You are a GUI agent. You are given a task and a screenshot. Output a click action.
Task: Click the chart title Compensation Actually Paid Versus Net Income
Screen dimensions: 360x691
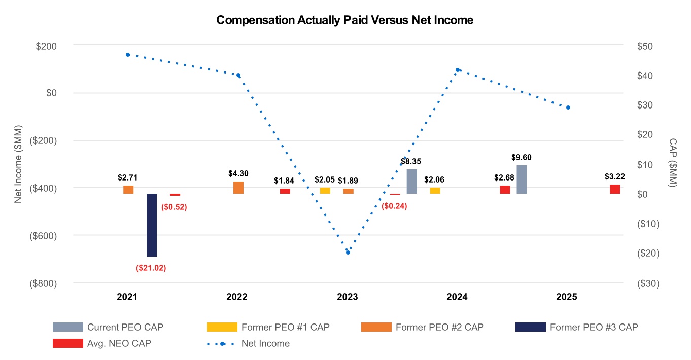coord(344,20)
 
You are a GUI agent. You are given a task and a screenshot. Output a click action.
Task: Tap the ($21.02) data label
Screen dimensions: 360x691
coord(151,268)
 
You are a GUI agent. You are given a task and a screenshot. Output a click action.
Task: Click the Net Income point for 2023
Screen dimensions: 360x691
coord(348,252)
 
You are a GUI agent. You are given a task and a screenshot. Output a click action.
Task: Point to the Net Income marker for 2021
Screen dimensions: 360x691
coord(128,55)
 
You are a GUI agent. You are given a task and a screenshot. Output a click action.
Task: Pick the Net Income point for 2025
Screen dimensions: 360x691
coord(568,107)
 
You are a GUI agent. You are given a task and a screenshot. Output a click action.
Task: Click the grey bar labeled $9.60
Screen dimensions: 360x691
coord(522,179)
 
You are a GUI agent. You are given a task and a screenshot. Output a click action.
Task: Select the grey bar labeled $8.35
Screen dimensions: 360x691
coord(411,182)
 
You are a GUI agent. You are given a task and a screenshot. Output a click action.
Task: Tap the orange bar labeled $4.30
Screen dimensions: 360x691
coord(238,187)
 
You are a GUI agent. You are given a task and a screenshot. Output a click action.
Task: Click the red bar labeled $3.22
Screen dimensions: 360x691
coord(615,189)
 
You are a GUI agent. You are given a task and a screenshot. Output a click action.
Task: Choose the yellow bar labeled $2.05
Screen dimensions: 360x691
coord(325,191)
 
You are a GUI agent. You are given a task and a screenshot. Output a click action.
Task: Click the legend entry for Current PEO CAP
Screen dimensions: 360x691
coord(125,327)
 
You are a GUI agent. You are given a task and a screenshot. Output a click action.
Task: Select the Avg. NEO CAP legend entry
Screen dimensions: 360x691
coord(119,343)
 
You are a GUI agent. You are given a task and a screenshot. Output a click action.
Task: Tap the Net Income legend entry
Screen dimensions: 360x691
coord(265,343)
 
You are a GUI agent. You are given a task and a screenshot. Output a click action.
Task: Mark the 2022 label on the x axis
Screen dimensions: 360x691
coord(237,297)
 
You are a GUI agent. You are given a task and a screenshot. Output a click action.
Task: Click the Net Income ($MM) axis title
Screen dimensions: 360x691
coord(18,163)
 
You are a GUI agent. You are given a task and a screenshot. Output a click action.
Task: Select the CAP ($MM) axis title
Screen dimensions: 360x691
coord(673,163)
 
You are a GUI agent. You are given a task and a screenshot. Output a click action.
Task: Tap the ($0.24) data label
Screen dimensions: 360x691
coord(394,206)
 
